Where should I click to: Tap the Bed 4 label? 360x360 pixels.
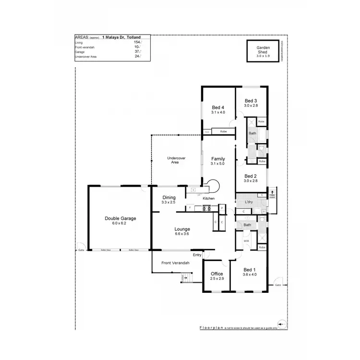tap(218, 107)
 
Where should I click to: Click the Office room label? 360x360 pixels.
tap(217, 274)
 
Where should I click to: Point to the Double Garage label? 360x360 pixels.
tap(120, 218)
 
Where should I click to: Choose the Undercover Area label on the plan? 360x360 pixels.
tap(176, 160)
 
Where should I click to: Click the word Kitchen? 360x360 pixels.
tap(208, 199)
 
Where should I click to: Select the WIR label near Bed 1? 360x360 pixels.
tap(246, 240)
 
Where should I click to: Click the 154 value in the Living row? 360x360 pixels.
tap(137, 43)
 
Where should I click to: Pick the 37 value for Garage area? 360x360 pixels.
tap(137, 52)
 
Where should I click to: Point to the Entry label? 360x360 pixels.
tap(197, 255)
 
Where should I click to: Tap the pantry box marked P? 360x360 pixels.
tap(222, 208)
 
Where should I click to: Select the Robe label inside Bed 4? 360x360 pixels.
tap(223, 132)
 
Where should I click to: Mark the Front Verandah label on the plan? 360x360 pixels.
tap(175, 263)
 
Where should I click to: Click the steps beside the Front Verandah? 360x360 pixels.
tap(187, 277)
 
